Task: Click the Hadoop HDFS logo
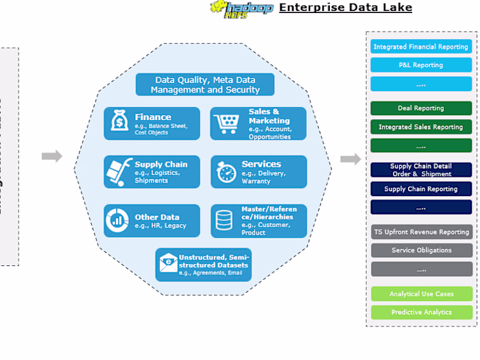(241, 9)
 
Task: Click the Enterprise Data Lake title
(346, 8)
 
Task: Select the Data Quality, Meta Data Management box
(205, 85)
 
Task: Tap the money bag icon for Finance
(119, 123)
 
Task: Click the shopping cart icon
(225, 123)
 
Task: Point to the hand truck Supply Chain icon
(119, 171)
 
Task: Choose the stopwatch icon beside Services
(226, 171)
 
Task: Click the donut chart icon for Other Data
(119, 220)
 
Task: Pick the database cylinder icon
(224, 220)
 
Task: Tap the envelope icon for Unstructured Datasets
(168, 263)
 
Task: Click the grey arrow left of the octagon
(52, 156)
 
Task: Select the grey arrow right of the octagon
(350, 159)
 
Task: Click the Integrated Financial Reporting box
(421, 47)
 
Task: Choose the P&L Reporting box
(421, 65)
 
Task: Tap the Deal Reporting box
(421, 108)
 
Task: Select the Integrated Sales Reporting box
(421, 127)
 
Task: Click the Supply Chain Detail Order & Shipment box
(421, 170)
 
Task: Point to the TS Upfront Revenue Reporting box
(421, 232)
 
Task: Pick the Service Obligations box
(421, 250)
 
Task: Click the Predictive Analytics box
(421, 312)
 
